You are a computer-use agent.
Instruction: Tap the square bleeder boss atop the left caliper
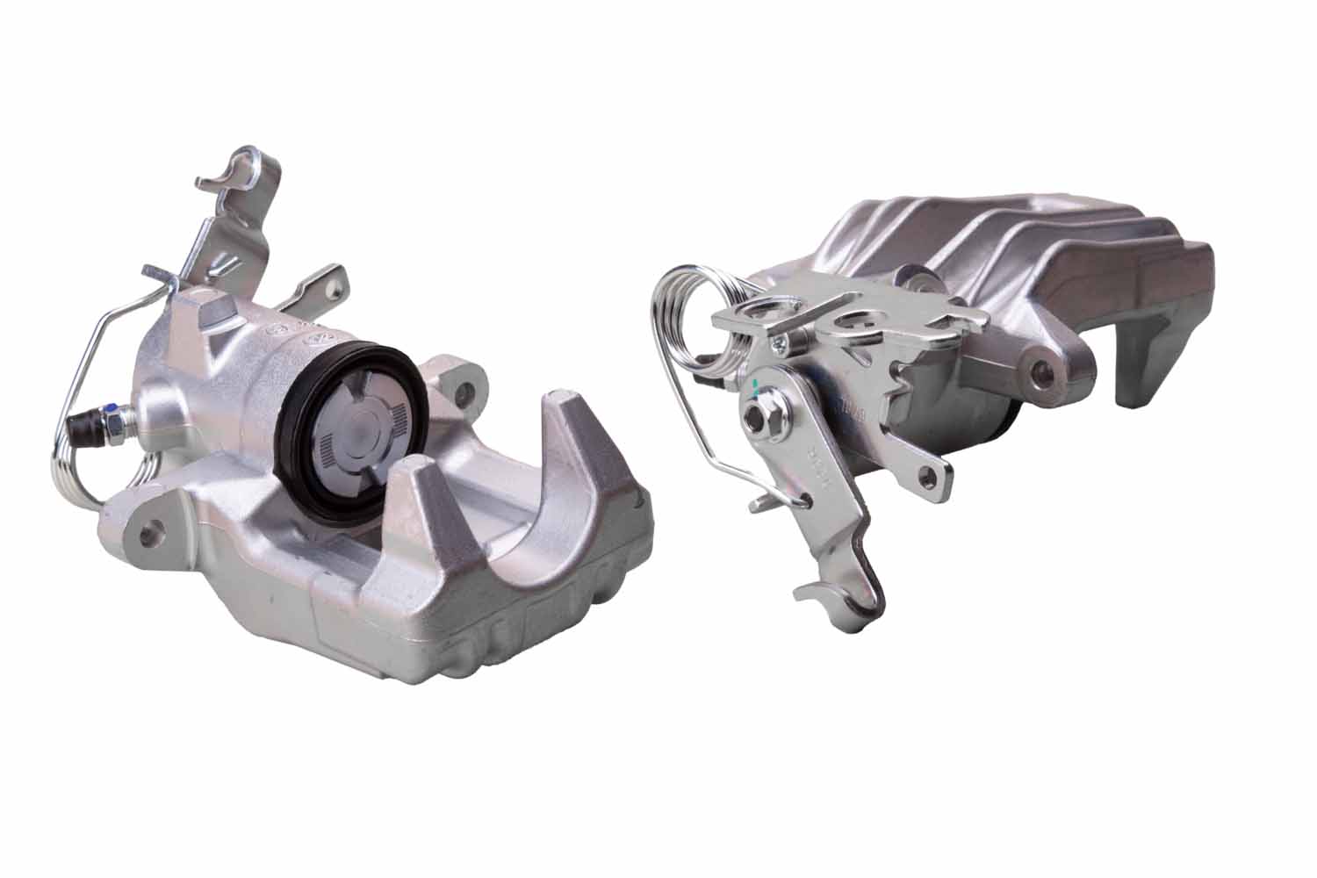coord(213,312)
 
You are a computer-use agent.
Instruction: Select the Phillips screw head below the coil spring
coord(778,345)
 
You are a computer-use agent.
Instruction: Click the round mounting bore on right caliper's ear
coord(1045,373)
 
